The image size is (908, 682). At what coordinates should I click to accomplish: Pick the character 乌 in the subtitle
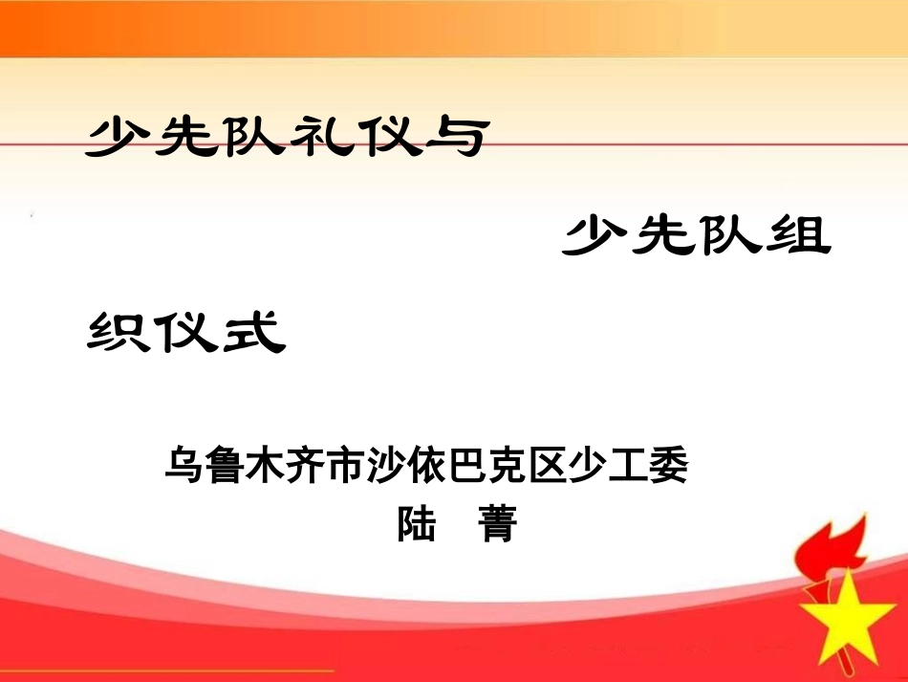coord(184,466)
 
